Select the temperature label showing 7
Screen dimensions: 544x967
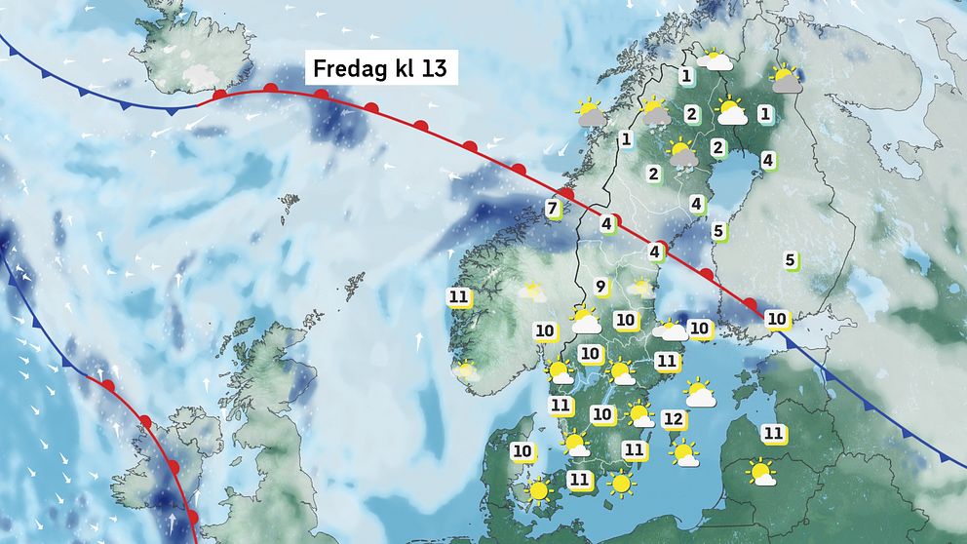click(x=552, y=208)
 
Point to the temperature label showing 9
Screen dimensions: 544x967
click(x=601, y=287)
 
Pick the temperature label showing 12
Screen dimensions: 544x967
click(x=673, y=419)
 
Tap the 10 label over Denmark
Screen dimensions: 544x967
click(x=522, y=450)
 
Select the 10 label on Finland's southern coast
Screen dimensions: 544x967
click(x=777, y=318)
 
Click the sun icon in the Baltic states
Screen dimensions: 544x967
click(x=761, y=474)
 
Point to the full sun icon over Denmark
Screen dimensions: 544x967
click(x=538, y=490)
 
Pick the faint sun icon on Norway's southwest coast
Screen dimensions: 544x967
click(x=466, y=370)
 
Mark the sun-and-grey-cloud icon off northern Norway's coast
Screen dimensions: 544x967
click(x=590, y=113)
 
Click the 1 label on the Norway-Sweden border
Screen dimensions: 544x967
click(x=626, y=139)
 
